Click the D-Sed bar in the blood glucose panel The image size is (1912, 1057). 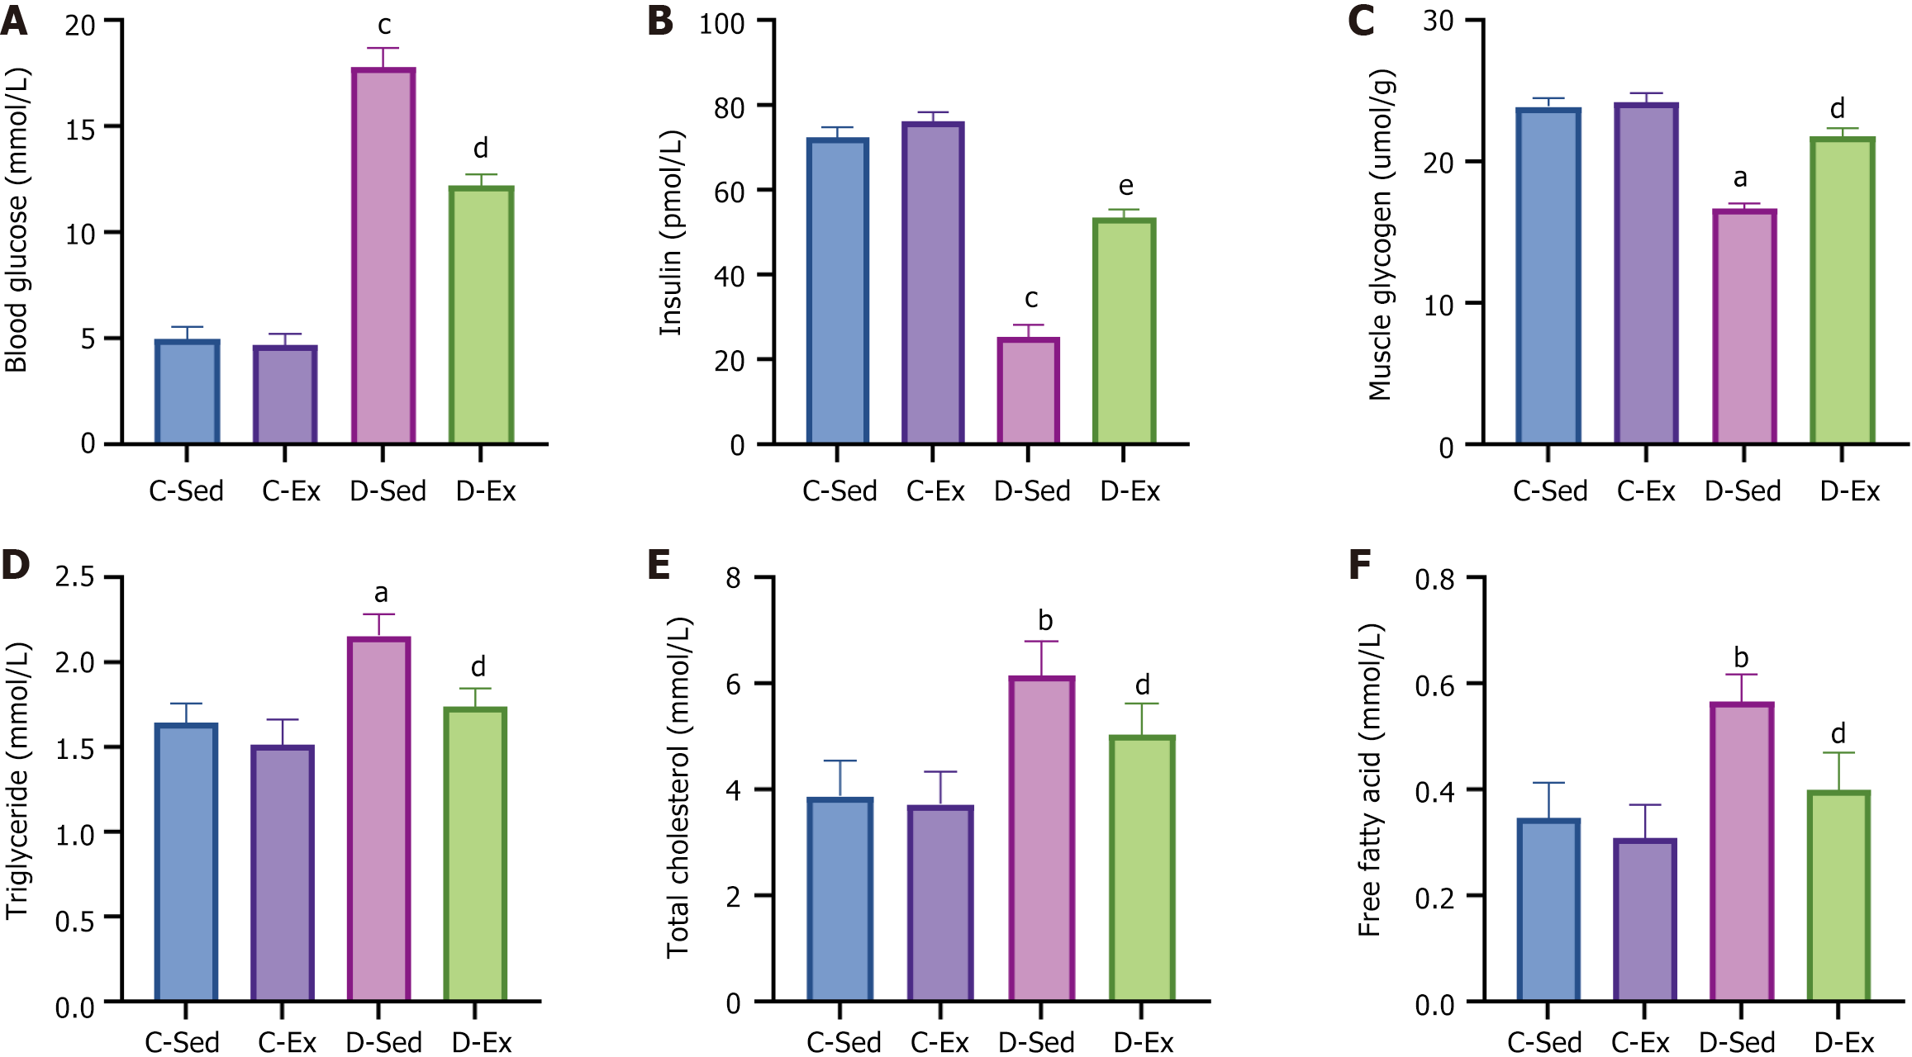click(x=383, y=256)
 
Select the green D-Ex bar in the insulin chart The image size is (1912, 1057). click(x=1124, y=330)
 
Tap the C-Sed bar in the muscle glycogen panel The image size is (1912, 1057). click(x=1548, y=277)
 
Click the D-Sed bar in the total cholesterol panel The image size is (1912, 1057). click(x=1041, y=838)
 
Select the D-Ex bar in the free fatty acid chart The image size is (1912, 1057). click(x=1838, y=896)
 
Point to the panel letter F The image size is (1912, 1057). click(x=1359, y=566)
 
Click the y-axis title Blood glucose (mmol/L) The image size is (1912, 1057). click(x=17, y=220)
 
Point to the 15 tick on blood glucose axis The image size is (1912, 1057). click(x=81, y=129)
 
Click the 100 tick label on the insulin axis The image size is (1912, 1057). click(x=722, y=24)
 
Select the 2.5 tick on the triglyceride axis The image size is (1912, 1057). click(x=75, y=576)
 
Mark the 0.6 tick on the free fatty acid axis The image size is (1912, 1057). click(x=1434, y=685)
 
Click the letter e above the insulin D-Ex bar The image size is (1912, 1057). click(x=1125, y=186)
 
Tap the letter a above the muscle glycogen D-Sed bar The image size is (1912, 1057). click(x=1740, y=178)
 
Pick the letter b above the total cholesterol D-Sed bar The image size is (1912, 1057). click(x=1045, y=619)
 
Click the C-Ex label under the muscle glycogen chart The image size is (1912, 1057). click(x=1646, y=491)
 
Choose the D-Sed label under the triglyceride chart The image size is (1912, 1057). click(x=383, y=1042)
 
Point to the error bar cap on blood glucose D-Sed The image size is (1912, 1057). click(x=383, y=48)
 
